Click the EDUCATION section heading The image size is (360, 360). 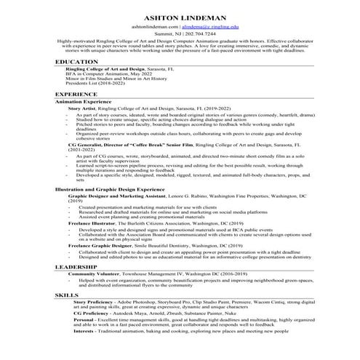[x=76, y=63]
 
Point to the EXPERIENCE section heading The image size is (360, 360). [x=77, y=95]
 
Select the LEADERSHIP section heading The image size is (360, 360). [x=78, y=268]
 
